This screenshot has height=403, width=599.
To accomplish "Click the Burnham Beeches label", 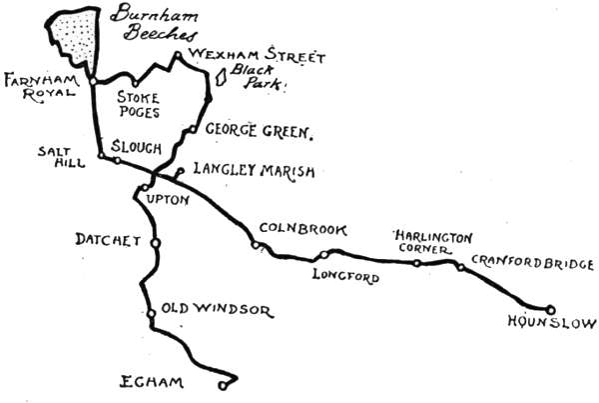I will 155,23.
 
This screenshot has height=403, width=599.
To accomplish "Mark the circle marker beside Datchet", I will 155,242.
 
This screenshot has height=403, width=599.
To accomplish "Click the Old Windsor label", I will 216,310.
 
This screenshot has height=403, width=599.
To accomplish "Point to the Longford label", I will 345,276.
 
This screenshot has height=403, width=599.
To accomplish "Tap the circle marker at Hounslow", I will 548,308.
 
